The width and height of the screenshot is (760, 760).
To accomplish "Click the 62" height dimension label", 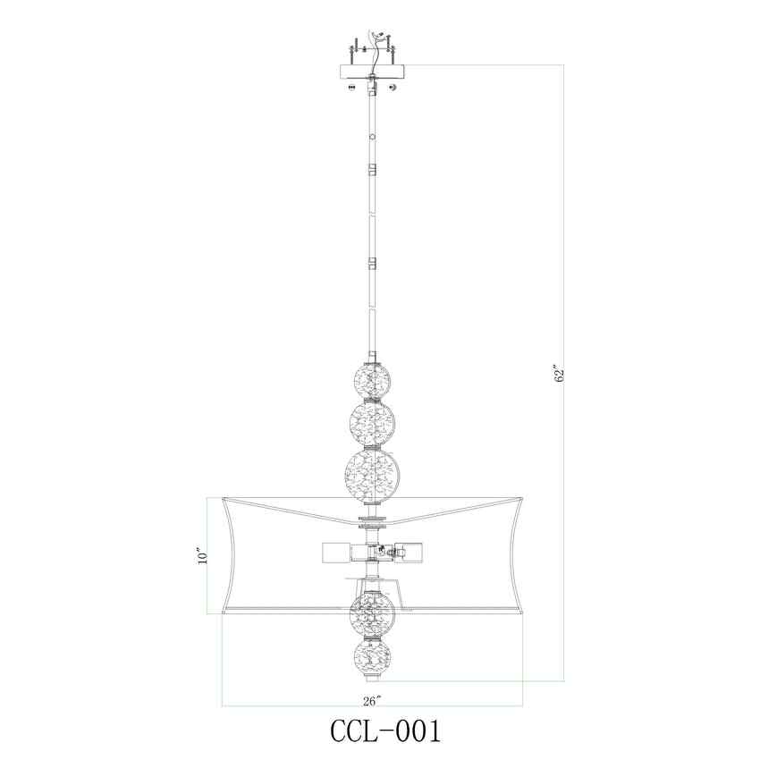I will point(560,374).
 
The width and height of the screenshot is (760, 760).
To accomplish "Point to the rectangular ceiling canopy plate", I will point(372,70).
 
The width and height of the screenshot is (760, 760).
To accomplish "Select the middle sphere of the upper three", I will point(372,422).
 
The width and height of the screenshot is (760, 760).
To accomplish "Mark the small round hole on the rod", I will point(372,138).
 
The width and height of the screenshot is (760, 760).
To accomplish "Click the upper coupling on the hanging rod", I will point(372,168).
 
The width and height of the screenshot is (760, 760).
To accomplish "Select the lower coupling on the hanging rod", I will point(372,265).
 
